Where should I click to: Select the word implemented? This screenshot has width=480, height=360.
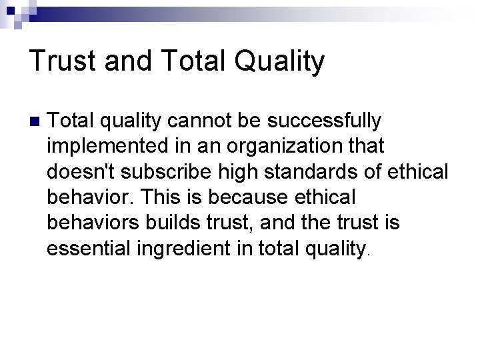point(105,147)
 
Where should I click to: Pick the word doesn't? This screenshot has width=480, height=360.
point(75,172)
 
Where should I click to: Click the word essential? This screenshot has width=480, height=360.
point(89,248)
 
